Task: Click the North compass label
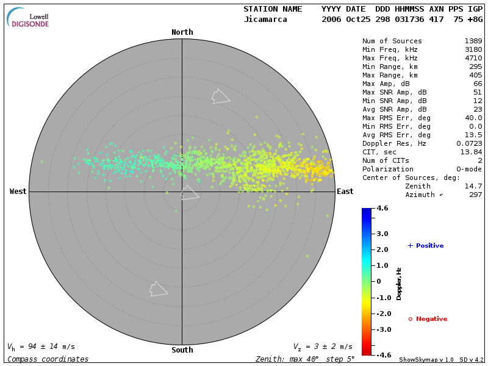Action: (182, 32)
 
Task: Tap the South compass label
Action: (182, 350)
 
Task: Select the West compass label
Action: (18, 192)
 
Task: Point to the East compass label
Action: (345, 192)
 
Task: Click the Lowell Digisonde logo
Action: (28, 18)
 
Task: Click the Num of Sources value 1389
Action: (473, 41)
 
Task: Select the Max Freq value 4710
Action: (473, 58)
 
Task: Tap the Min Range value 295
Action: (476, 66)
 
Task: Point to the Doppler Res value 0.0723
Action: (469, 143)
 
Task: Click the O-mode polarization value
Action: (467, 169)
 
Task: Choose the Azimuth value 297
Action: (476, 195)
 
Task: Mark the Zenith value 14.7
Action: (473, 186)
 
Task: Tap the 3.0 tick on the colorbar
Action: (382, 234)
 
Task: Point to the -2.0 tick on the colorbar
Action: (382, 314)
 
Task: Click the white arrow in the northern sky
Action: (220, 96)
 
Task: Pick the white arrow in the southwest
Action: (159, 289)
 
